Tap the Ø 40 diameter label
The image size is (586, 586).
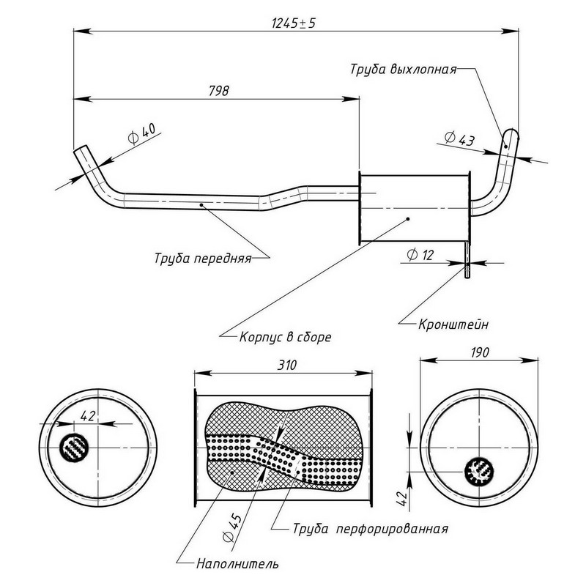(x=141, y=134)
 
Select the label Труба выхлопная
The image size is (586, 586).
(x=403, y=70)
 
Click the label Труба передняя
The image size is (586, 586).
(x=203, y=258)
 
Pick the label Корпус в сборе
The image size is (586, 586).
(x=286, y=338)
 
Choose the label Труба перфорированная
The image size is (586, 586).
(x=369, y=527)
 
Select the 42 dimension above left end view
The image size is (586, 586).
(x=88, y=416)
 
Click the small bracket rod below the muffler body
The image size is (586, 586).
(x=467, y=261)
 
